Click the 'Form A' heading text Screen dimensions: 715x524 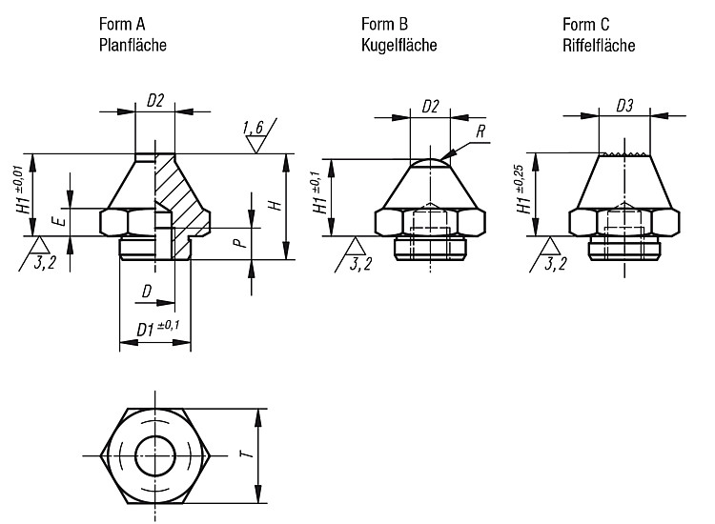tap(122, 24)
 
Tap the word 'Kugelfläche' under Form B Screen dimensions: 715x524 tap(399, 45)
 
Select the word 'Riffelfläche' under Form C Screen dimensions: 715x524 tap(599, 45)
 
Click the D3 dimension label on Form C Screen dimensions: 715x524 tap(624, 106)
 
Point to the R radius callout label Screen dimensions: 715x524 tap(480, 131)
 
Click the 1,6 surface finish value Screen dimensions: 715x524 tap(254, 128)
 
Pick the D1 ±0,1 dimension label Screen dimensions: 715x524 tap(157, 328)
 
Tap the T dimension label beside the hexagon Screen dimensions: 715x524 tap(247, 453)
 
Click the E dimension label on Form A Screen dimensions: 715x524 tap(60, 221)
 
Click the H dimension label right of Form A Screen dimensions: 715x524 tap(276, 205)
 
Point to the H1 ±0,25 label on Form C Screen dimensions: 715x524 tap(523, 189)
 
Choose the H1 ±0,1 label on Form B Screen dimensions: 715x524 tap(319, 192)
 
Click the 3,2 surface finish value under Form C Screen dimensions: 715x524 tap(556, 263)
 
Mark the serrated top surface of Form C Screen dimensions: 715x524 tap(624, 154)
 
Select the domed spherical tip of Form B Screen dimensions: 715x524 tap(430, 163)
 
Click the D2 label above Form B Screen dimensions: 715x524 tap(430, 107)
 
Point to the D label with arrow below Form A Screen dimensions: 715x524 tap(147, 292)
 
